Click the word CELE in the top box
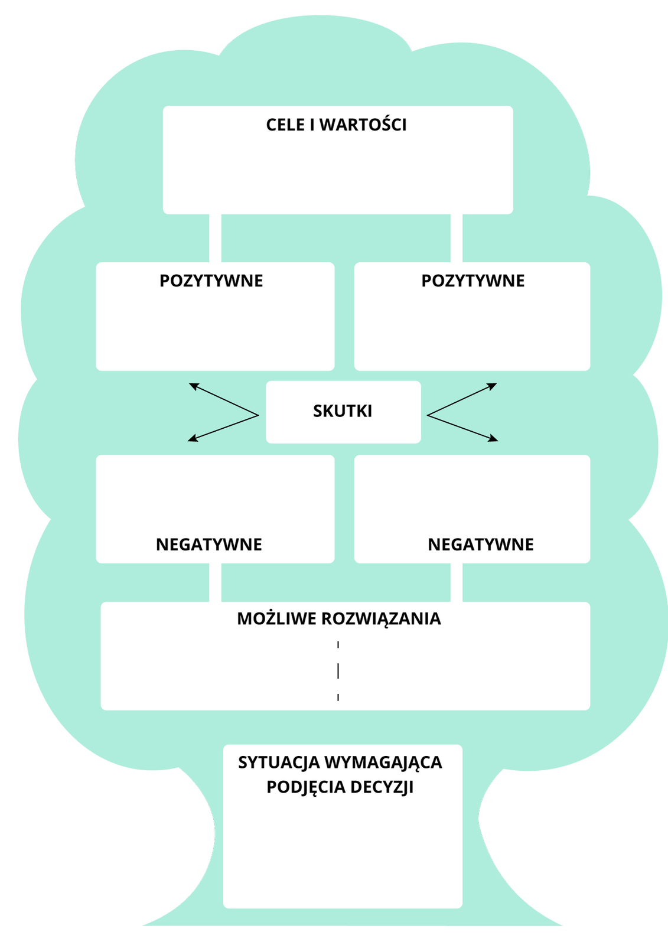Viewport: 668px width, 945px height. (x=286, y=125)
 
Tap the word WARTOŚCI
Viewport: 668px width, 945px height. (x=363, y=125)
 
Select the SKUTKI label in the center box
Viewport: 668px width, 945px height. (x=343, y=411)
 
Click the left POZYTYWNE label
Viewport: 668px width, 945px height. (x=211, y=281)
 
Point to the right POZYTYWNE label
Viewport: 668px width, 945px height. (x=473, y=281)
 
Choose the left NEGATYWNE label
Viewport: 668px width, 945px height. (x=209, y=545)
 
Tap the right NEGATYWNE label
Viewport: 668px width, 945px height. (x=481, y=545)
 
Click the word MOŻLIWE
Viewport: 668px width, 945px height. (x=276, y=618)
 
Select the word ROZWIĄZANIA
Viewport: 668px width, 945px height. (x=381, y=619)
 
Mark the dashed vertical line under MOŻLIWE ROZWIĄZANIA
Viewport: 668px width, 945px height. (x=338, y=671)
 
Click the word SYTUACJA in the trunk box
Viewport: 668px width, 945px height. (x=279, y=762)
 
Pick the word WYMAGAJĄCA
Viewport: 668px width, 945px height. (x=383, y=763)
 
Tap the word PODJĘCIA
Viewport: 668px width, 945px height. (x=306, y=787)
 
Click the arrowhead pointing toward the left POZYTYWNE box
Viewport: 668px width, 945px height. (x=193, y=386)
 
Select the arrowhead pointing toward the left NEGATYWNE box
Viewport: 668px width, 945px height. (x=192, y=439)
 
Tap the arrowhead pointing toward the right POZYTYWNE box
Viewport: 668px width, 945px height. (x=493, y=386)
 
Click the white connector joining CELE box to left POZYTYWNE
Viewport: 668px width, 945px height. (x=215, y=238)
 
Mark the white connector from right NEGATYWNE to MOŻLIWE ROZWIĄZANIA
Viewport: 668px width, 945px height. (x=457, y=582)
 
